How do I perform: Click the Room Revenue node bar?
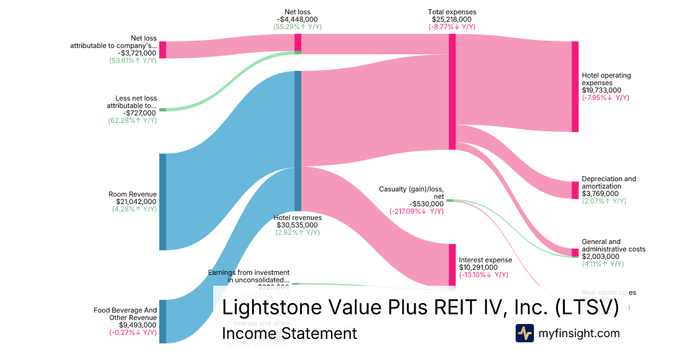(162, 201)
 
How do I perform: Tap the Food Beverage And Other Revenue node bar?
(162, 321)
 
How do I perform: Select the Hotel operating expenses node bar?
(575, 86)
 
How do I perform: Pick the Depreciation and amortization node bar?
(575, 190)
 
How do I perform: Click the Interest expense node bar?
(452, 265)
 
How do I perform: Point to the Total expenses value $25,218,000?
(452, 19)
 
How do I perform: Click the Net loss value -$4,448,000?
(297, 19)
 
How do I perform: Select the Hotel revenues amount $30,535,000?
(297, 225)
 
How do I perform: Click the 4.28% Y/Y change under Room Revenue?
(134, 209)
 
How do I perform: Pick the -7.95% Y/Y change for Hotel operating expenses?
(605, 98)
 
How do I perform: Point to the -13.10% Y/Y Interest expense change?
(483, 275)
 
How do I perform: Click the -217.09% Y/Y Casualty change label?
(417, 211)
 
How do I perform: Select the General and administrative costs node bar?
(575, 253)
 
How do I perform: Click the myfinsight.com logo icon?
(524, 333)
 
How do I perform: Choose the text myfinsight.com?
(579, 333)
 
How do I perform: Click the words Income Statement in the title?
(289, 333)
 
